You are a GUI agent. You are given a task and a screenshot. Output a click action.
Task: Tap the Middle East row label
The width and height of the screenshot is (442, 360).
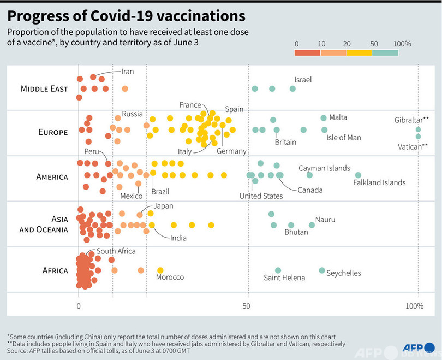[44, 88]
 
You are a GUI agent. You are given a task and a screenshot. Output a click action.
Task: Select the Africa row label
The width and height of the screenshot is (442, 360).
[55, 270]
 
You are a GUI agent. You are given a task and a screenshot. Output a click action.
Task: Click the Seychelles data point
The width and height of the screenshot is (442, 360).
[322, 270]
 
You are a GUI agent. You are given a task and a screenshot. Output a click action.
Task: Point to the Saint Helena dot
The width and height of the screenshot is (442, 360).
[278, 270]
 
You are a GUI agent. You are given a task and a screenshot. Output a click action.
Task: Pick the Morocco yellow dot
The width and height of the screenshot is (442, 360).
[160, 270]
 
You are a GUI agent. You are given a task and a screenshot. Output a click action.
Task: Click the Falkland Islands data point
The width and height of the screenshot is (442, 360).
[358, 175]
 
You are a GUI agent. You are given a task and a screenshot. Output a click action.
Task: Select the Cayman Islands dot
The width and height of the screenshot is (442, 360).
[309, 175]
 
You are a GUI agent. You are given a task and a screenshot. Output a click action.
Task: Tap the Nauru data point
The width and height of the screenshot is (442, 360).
[312, 225]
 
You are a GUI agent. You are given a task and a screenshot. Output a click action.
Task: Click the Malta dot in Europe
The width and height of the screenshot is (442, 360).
[324, 118]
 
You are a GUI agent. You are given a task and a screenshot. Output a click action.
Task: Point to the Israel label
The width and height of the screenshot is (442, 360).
[303, 80]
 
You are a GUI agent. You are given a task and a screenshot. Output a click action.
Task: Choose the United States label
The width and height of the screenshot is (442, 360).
[261, 196]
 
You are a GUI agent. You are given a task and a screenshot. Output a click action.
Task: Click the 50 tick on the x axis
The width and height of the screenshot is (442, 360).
[248, 306]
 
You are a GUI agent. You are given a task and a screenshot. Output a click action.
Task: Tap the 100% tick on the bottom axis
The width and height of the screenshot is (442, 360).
[415, 306]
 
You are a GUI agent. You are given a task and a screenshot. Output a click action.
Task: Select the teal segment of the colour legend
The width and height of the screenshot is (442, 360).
[385, 52]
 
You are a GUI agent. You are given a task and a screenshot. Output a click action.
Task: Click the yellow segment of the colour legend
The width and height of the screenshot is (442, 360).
[359, 52]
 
